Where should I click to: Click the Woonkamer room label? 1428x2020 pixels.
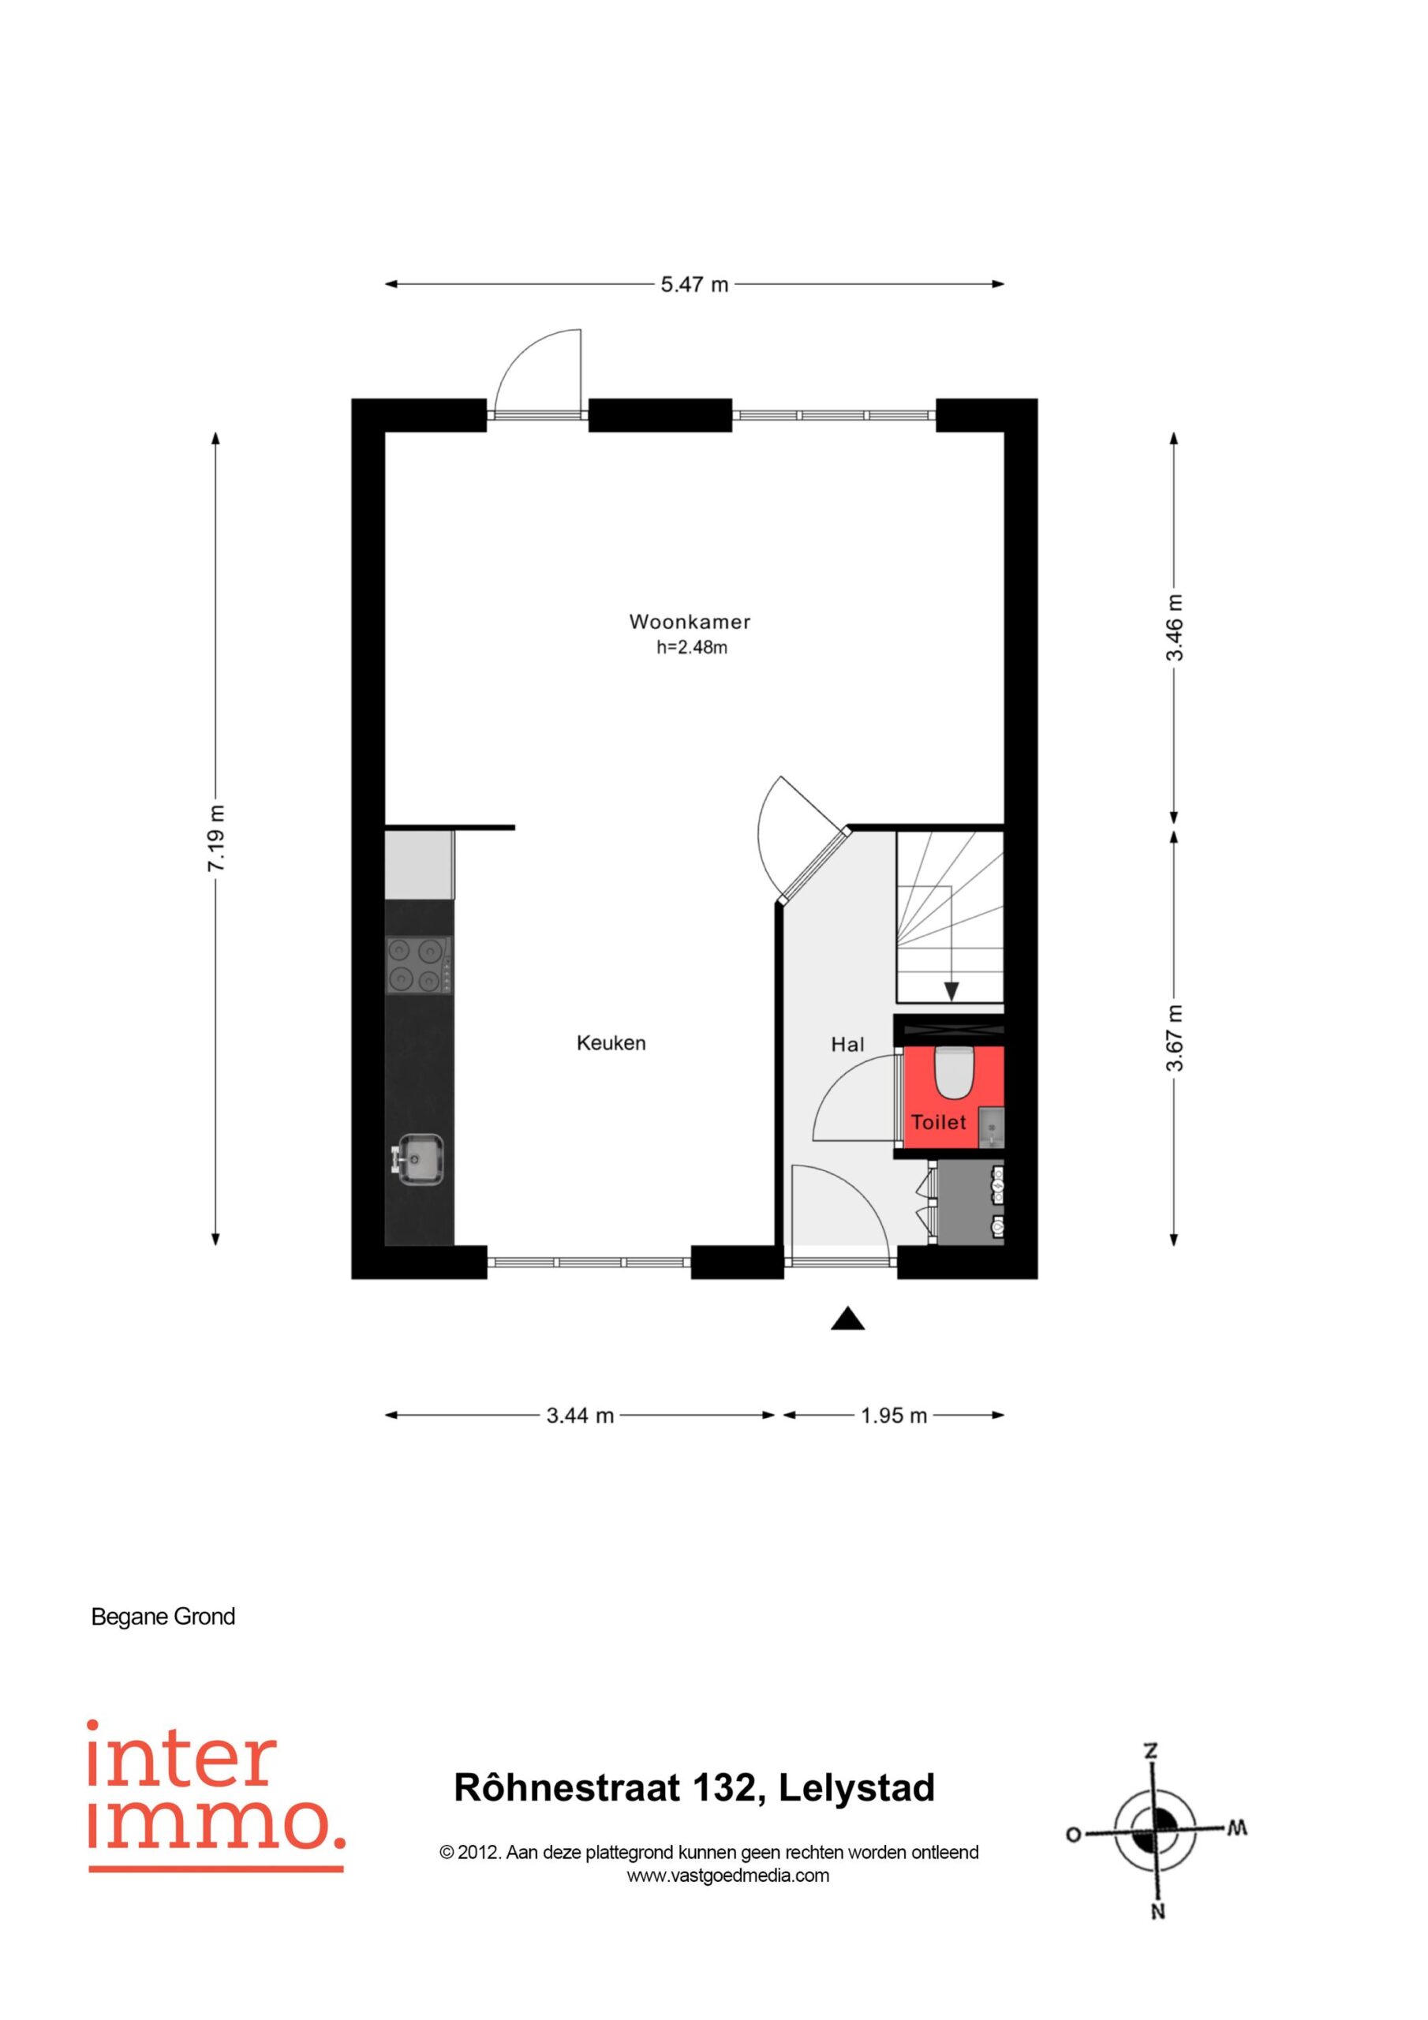click(690, 622)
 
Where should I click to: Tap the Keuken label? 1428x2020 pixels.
click(611, 1043)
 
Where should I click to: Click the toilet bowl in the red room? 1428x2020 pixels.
click(951, 1072)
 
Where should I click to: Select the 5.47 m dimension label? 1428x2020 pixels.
click(695, 285)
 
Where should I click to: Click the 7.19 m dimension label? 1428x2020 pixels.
click(216, 839)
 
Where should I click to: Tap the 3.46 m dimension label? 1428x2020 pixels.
click(1175, 627)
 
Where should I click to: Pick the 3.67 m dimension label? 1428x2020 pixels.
click(1175, 1038)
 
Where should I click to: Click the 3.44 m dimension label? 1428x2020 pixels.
click(580, 1416)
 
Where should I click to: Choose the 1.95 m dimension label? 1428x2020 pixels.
click(894, 1416)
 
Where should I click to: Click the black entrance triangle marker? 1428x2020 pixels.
click(847, 1318)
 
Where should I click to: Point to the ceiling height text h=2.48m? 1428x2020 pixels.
click(692, 649)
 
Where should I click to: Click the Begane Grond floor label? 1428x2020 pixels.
click(163, 1616)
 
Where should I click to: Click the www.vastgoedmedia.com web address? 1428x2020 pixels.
click(727, 1876)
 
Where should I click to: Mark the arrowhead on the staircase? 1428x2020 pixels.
click(951, 992)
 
